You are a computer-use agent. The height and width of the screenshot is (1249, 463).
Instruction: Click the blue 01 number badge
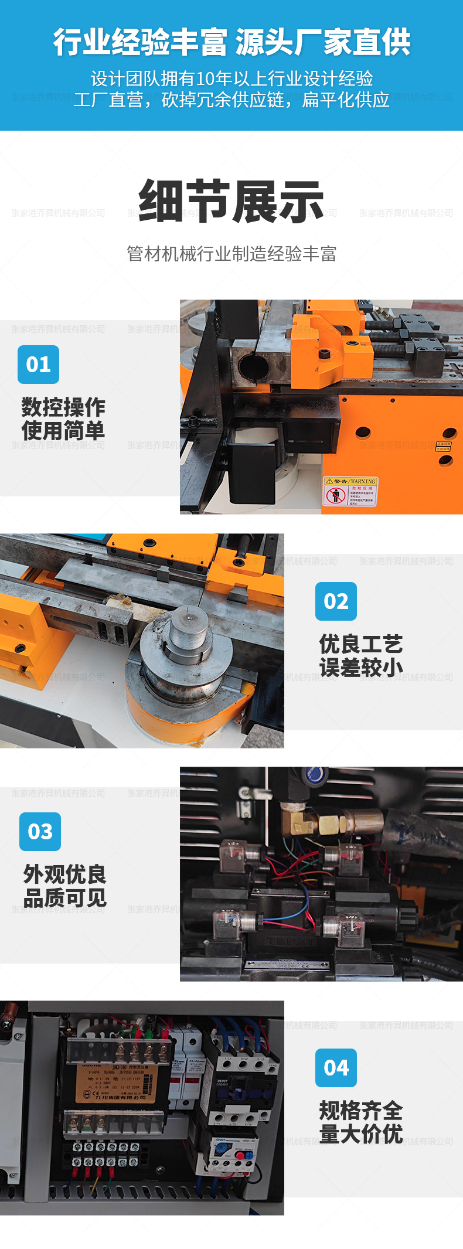click(38, 364)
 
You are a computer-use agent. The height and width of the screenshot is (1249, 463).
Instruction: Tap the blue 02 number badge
click(336, 601)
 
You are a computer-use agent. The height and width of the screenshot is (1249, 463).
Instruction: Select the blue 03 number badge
click(40, 831)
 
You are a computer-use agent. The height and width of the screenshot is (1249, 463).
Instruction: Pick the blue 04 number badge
click(336, 1067)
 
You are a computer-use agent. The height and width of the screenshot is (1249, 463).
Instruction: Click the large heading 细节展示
click(231, 201)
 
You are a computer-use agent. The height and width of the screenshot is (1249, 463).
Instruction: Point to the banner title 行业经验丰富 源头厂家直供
click(231, 42)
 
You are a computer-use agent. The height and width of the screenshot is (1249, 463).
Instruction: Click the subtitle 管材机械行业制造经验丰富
click(231, 254)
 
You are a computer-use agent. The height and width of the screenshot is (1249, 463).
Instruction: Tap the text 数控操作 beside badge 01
click(63, 407)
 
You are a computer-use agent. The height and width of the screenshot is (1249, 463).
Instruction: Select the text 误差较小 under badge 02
click(361, 667)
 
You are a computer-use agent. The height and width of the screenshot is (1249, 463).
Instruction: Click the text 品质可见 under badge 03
click(64, 897)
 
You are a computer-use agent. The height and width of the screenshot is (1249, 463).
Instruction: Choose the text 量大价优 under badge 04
click(361, 1134)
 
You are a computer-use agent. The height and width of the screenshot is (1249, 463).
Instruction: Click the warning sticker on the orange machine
click(350, 491)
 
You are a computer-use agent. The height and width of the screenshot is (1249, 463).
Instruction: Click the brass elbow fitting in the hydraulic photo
click(298, 821)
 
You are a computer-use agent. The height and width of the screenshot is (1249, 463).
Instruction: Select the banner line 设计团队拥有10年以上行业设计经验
click(231, 79)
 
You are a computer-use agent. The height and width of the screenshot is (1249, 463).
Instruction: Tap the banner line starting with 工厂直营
click(231, 100)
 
